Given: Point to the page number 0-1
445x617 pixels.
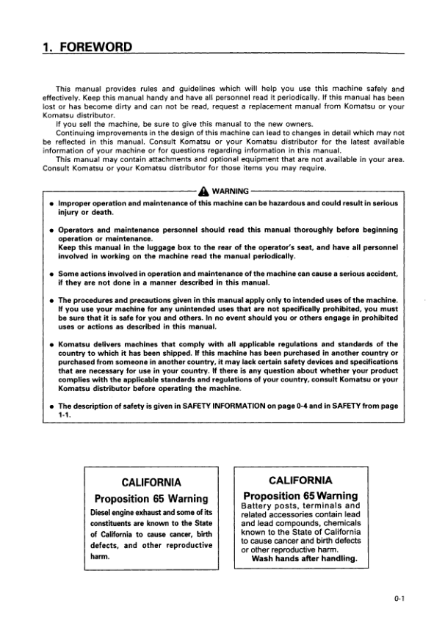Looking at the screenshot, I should pos(399,599).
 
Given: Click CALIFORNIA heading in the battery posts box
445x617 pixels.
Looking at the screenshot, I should pos(300,481).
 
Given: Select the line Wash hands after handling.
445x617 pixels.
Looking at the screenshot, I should pos(304,558).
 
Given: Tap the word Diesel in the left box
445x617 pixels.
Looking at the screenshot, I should pos(103,511).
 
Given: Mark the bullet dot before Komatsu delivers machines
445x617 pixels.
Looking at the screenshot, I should pos(48,344).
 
